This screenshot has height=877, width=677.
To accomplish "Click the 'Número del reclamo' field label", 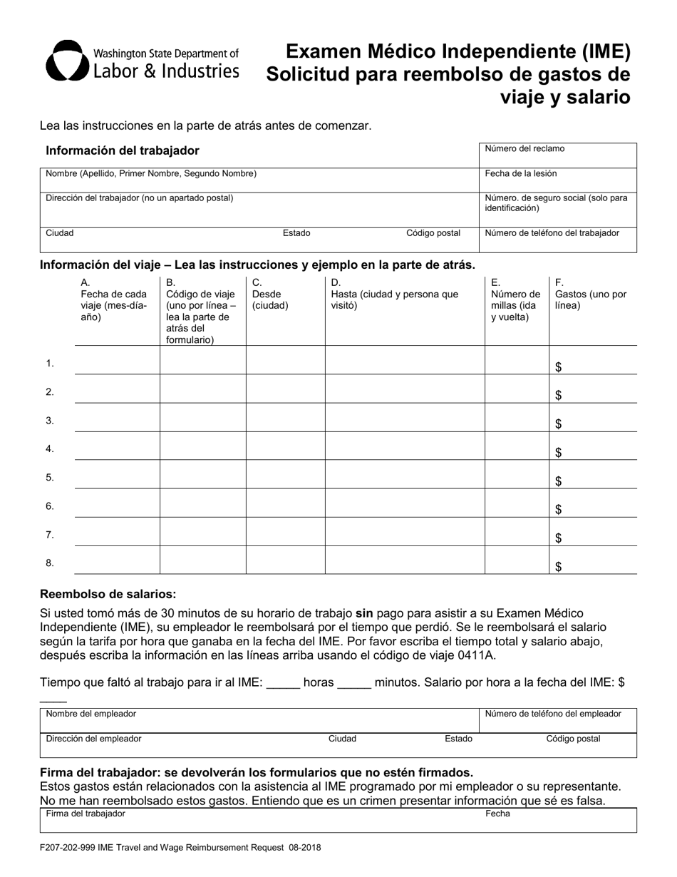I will [524, 149].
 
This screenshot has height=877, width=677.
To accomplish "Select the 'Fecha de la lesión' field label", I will [521, 173].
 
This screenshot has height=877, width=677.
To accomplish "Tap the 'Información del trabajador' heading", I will [123, 150].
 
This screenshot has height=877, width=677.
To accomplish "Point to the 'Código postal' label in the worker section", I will [433, 233].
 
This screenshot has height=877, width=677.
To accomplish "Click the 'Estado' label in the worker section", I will [296, 233].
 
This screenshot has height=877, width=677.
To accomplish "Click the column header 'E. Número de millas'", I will [516, 299].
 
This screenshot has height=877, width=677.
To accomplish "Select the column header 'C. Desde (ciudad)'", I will [270, 294].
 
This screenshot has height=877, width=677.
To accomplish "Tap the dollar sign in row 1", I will [559, 367].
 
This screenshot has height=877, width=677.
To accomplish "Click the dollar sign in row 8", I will [559, 567].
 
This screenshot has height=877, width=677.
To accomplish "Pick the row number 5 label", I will [50, 478].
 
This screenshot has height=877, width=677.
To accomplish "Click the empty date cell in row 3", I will [117, 417].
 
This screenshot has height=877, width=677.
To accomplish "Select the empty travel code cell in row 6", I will [202, 503].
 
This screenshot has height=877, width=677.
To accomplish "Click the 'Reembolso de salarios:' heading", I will [108, 594].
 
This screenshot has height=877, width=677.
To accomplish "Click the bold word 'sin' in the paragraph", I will [364, 613].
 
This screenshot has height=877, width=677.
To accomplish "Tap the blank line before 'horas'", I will [283, 682].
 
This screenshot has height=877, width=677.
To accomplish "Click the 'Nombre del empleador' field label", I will [91, 714].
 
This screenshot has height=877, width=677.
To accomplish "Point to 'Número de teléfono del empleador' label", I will [553, 714].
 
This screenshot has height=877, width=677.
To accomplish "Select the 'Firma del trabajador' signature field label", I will [86, 814].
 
